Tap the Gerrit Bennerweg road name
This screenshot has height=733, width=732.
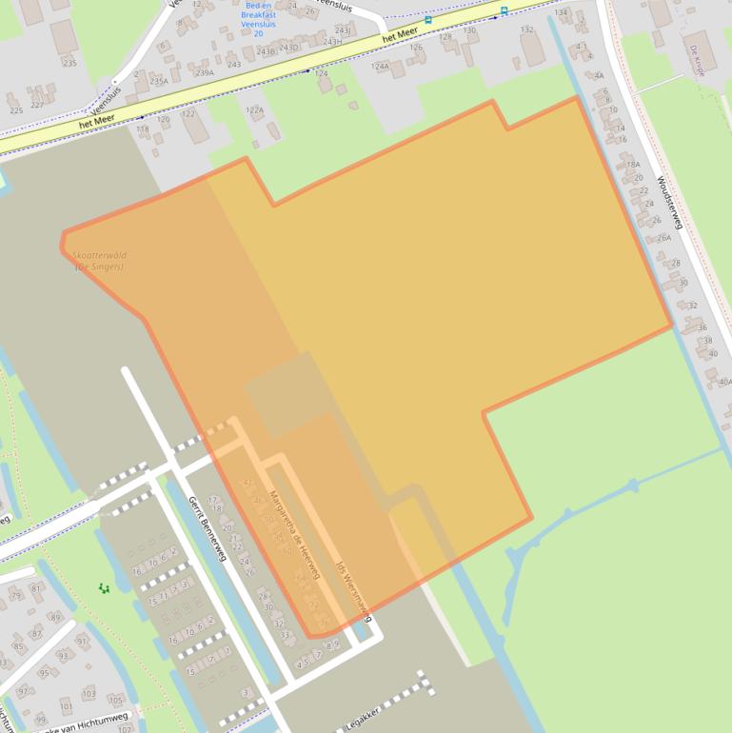[207, 529]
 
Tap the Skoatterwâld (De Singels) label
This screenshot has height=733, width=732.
[99, 261]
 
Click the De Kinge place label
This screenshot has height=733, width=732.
[698, 60]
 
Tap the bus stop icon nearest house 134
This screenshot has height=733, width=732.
[504, 10]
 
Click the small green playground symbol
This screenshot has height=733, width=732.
[104, 588]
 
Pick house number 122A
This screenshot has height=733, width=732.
[254, 110]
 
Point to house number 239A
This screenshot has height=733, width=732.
[205, 72]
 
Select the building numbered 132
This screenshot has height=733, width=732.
[526, 30]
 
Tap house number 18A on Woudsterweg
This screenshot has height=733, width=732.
[633, 164]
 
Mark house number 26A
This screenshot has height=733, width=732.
[663, 238]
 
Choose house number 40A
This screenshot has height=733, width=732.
[725, 382]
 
